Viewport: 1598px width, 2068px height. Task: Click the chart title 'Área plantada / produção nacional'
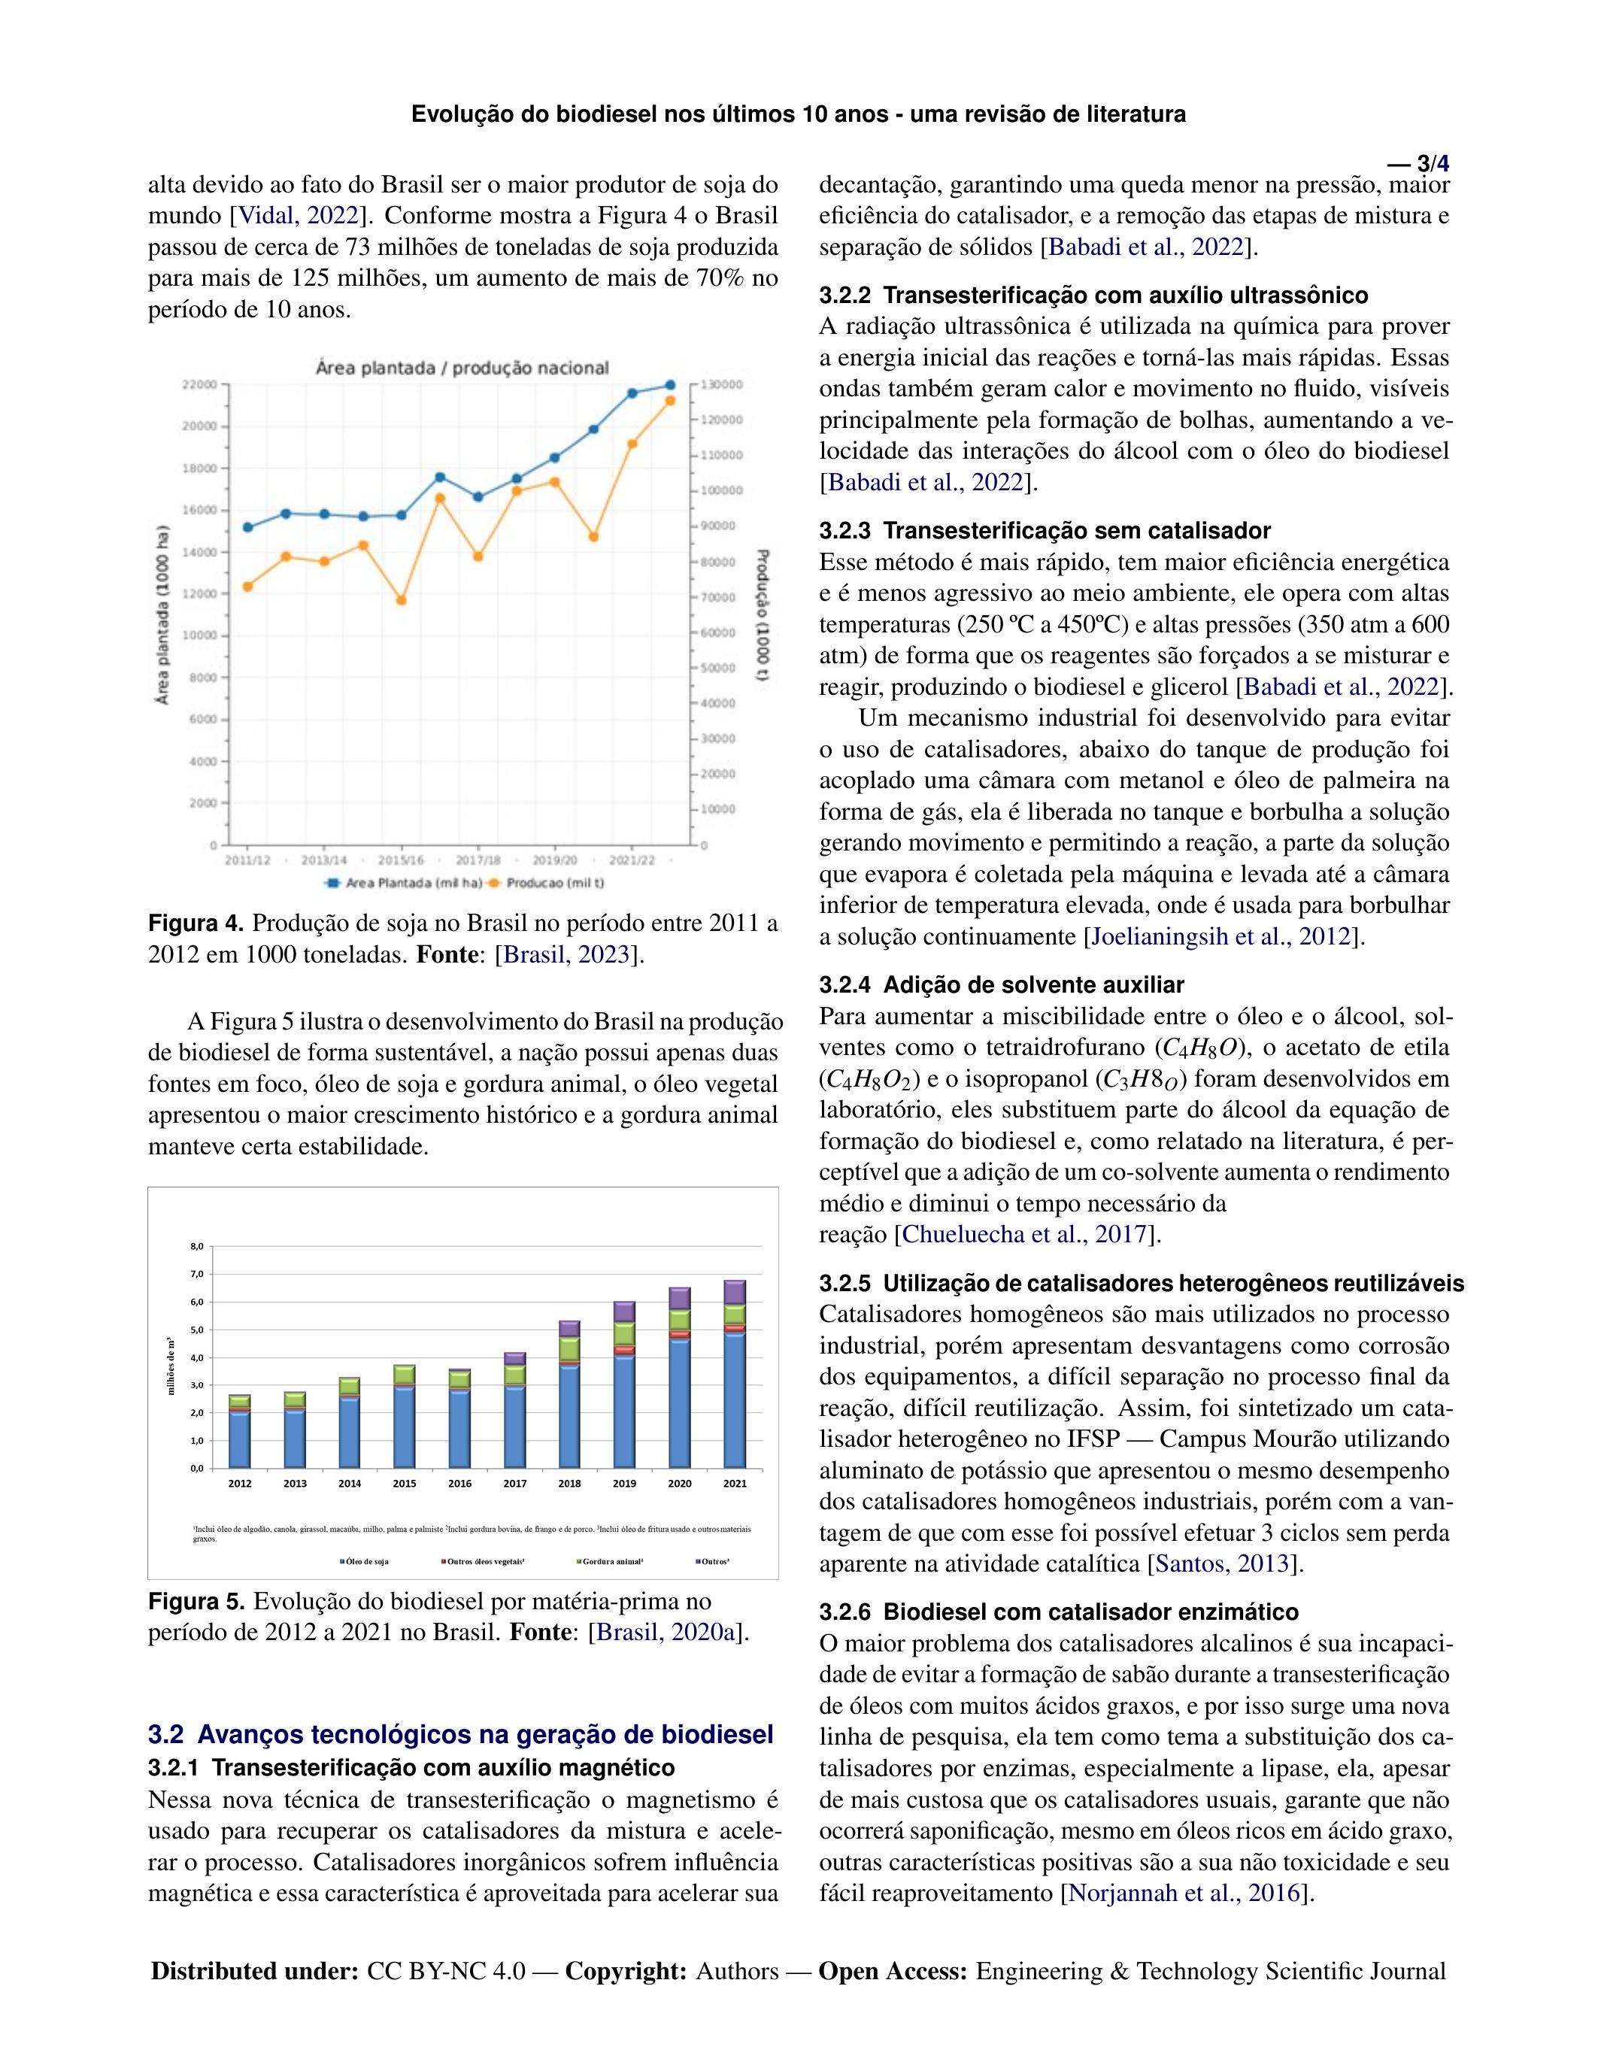(462, 368)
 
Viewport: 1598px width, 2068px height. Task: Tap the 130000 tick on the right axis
(723, 384)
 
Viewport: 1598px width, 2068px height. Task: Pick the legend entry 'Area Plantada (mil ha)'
(405, 884)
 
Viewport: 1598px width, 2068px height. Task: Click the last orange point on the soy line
(670, 401)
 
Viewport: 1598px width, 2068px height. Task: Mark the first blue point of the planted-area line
(248, 527)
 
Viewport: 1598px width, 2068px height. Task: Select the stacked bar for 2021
(735, 1373)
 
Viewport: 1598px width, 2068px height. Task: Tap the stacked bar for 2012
(239, 1430)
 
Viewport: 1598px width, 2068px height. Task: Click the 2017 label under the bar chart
(515, 1483)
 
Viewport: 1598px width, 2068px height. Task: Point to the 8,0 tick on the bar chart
(197, 1246)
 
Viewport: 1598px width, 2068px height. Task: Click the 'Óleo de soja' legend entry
(365, 1561)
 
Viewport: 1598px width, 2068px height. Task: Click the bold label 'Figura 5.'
(197, 1601)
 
